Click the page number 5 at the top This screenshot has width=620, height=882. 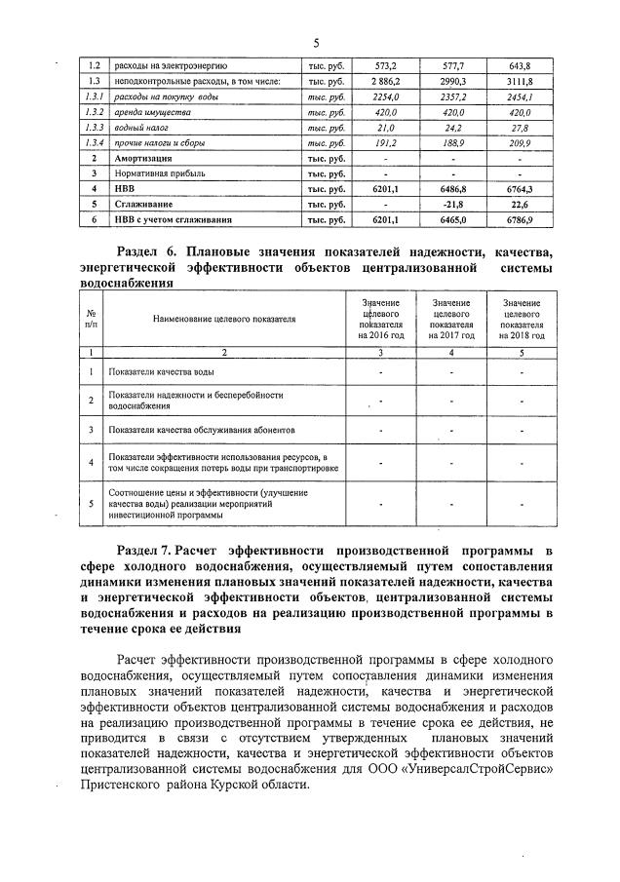(317, 43)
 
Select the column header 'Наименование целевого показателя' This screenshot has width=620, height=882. (223, 319)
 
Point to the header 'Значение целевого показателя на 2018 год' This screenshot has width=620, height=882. (523, 319)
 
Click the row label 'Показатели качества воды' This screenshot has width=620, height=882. (162, 371)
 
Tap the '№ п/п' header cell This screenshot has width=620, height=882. (91, 319)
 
